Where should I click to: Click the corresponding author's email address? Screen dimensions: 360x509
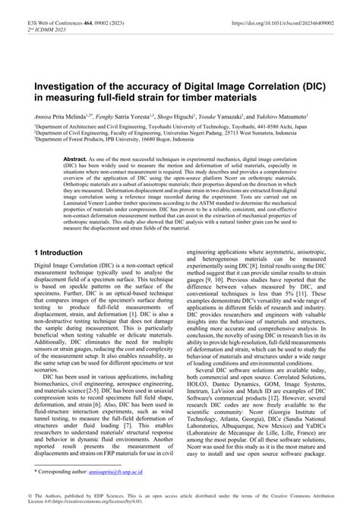tap(120, 472)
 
